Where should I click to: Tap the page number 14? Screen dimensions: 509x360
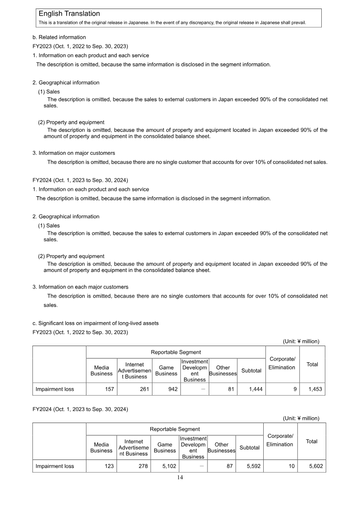[180, 477]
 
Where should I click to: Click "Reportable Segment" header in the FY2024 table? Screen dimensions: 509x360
[175, 429]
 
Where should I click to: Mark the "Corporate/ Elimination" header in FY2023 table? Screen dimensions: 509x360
[282, 363]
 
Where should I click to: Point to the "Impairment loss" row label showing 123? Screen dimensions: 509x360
[55, 466]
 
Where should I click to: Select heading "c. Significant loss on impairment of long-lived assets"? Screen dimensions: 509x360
[95, 323]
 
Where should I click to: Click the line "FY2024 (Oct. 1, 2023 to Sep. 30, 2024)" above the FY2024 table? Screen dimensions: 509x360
[80, 409]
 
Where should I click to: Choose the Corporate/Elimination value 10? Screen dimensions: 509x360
[292, 466]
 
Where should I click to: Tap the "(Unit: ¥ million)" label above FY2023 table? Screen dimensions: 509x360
[301, 341]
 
